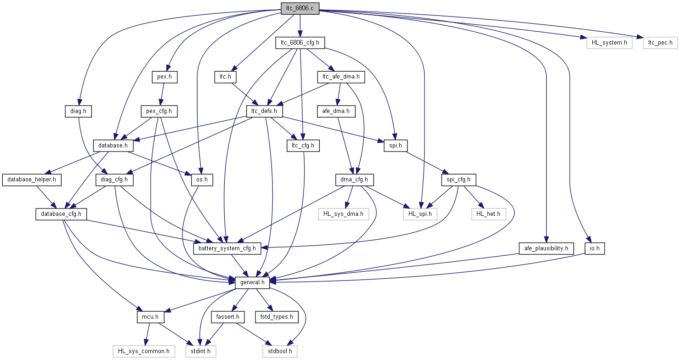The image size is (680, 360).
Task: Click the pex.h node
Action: click(164, 77)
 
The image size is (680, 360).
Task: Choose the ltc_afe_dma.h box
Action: click(341, 77)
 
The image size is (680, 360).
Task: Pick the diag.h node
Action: click(78, 111)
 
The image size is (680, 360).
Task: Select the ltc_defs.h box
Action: click(264, 111)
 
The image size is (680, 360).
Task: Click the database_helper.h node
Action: click(32, 180)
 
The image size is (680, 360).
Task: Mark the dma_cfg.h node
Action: click(354, 180)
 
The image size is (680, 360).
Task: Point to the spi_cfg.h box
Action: click(458, 180)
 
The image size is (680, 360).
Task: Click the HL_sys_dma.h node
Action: click(343, 214)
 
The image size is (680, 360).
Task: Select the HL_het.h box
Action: click(488, 214)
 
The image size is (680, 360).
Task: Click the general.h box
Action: click(252, 283)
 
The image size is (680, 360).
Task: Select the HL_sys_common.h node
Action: click(143, 352)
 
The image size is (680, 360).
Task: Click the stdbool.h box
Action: click(279, 352)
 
